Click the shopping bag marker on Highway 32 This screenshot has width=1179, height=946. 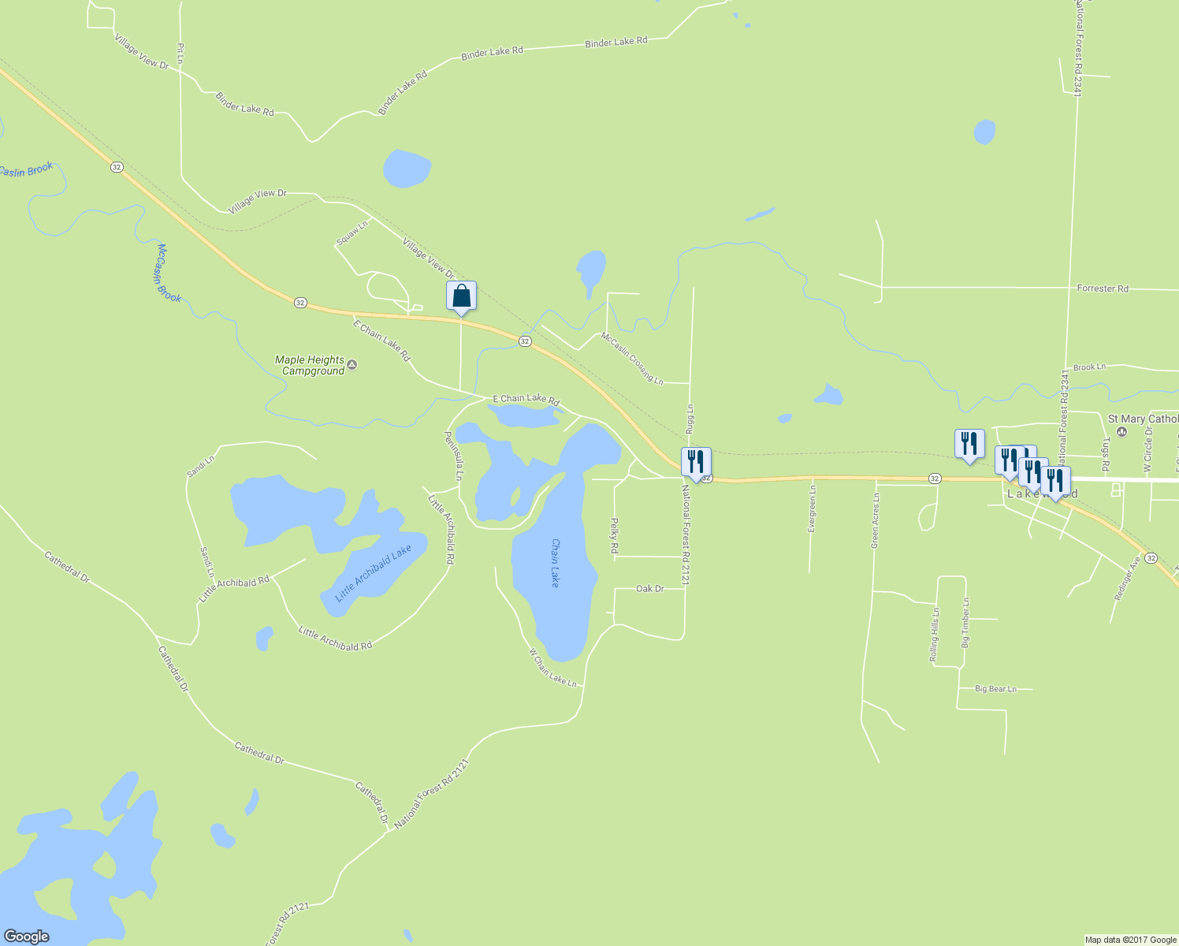click(x=461, y=296)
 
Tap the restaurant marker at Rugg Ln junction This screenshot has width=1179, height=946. click(x=696, y=463)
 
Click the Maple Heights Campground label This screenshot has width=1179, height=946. click(x=311, y=365)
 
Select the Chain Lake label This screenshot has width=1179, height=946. click(x=555, y=563)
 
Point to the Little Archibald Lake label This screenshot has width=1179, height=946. click(x=374, y=573)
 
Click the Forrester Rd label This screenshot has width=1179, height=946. click(x=1103, y=289)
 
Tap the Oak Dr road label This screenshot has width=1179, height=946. click(x=649, y=589)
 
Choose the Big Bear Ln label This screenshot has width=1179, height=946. click(x=995, y=689)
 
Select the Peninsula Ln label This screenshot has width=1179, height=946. click(x=452, y=456)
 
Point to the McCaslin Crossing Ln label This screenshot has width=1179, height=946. click(x=632, y=358)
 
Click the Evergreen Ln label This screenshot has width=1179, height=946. click(x=812, y=508)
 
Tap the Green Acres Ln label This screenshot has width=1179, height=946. click(x=875, y=521)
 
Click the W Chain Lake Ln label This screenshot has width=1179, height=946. click(x=552, y=667)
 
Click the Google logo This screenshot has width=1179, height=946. click(x=27, y=937)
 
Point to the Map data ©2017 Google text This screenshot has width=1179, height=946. click(x=1130, y=940)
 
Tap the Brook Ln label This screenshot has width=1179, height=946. click(x=1089, y=367)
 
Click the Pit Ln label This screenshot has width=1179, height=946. click(x=180, y=53)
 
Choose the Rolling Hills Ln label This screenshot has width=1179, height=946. click(x=934, y=635)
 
